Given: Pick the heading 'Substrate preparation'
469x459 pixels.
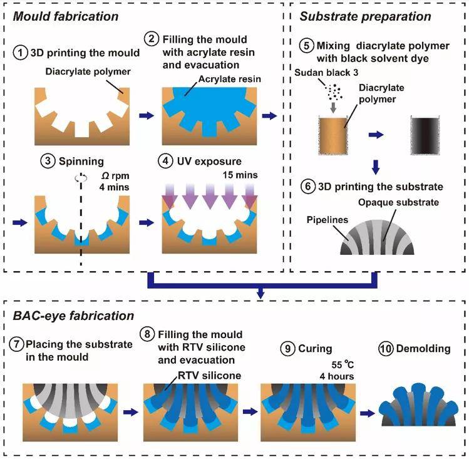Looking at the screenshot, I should tap(365, 13).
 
